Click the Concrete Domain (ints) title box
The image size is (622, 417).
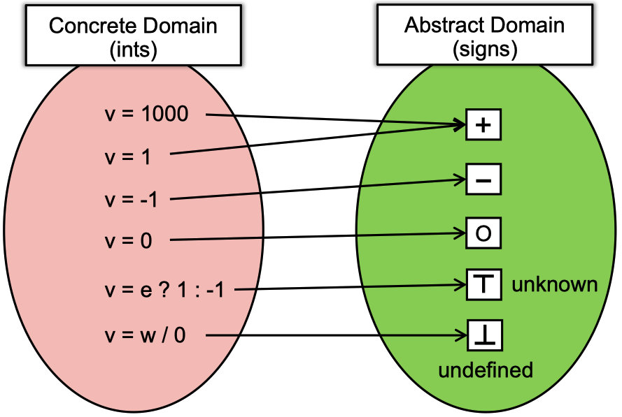coord(133,35)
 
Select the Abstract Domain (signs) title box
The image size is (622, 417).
coord(485,34)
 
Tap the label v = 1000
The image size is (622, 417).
coord(146,114)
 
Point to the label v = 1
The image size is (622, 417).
coord(128,157)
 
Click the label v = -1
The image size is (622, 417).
coord(132,199)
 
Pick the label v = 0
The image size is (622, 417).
coord(128,241)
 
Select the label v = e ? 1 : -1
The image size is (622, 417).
coord(164,290)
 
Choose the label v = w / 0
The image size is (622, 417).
coord(146,335)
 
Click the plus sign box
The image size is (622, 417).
coord(483,125)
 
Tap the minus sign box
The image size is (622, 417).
coord(483,180)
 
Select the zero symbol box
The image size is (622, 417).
coord(483,233)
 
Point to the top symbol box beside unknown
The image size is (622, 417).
coord(484,284)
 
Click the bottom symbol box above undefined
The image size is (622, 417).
coord(485,335)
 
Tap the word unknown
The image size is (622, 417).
coord(555,284)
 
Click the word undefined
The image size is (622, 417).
coord(486,370)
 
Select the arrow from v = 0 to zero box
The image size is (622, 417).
coord(318,236)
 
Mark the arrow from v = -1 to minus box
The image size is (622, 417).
coord(318,189)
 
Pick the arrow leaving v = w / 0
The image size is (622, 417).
coord(337,335)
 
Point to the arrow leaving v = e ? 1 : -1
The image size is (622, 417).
coord(351,286)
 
